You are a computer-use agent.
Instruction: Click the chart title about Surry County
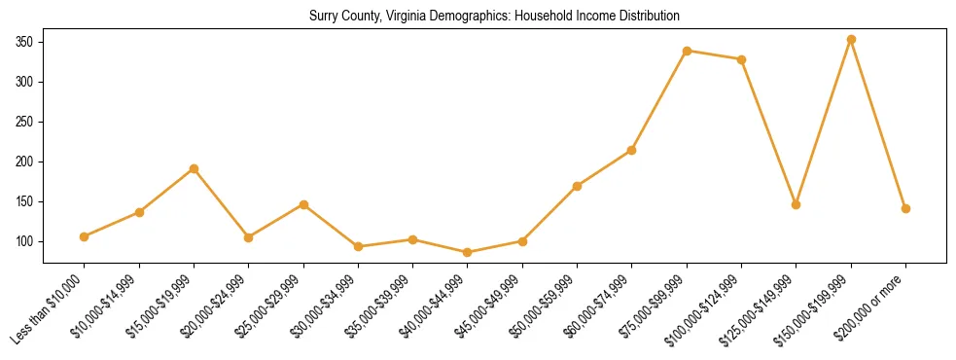[x=494, y=16]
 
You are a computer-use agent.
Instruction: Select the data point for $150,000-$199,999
[x=851, y=40]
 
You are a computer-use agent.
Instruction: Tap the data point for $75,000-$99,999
[x=687, y=51]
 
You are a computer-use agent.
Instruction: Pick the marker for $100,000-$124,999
[x=741, y=59]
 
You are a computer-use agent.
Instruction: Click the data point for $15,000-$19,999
[x=195, y=168]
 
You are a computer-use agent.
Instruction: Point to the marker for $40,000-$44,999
[x=468, y=252]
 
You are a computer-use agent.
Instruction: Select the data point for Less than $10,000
[x=85, y=236]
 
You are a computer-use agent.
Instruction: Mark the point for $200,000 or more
[x=905, y=208]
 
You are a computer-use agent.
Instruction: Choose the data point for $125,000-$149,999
[x=796, y=204]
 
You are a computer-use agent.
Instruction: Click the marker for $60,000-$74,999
[x=632, y=150]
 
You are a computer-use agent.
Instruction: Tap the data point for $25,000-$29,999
[x=303, y=204]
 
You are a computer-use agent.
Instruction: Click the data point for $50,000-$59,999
[x=577, y=186]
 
